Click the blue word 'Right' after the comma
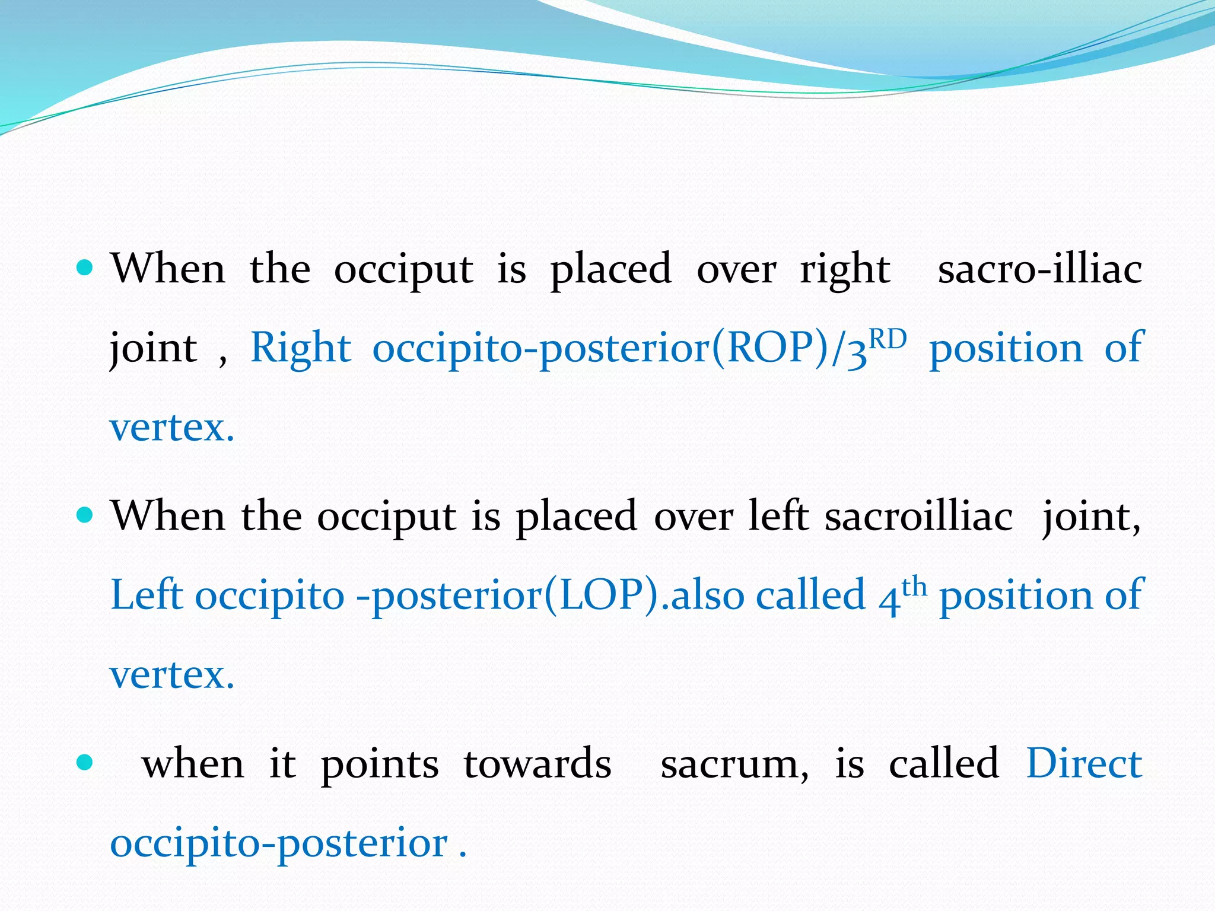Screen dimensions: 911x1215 [x=301, y=349]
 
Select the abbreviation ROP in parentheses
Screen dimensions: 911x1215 [x=771, y=348]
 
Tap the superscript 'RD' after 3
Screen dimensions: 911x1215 [x=888, y=340]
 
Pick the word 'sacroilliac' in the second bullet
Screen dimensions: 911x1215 [x=919, y=516]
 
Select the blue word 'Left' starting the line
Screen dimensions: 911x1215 [x=145, y=595]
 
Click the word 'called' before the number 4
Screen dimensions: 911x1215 [x=810, y=595]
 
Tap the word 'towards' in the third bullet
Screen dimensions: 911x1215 [x=537, y=764]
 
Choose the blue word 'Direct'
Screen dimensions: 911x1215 [x=1084, y=763]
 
